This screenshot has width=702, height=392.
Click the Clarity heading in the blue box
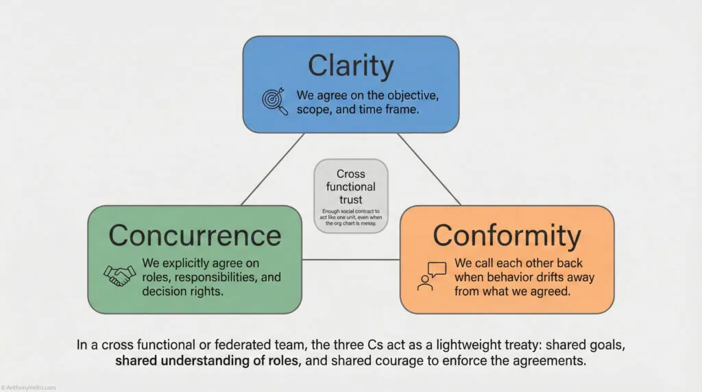[350, 66]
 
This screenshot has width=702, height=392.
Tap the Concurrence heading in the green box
[195, 235]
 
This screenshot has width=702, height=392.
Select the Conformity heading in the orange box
[507, 235]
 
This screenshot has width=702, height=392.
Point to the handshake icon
[119, 275]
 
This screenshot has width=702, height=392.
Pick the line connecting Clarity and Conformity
[429, 169]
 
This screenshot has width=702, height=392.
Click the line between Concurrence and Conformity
[351, 260]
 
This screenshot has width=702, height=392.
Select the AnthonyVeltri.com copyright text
[25, 387]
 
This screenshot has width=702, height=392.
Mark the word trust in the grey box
[351, 199]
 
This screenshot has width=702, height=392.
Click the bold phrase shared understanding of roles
[208, 361]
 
